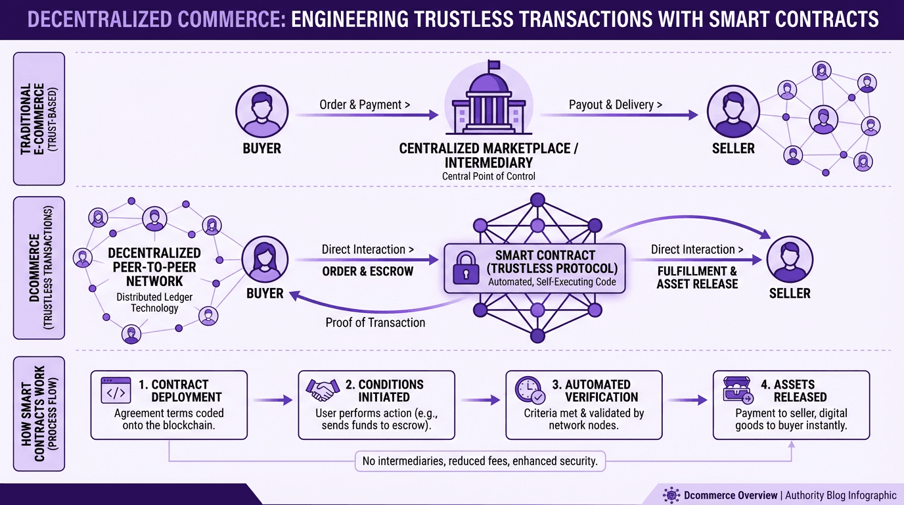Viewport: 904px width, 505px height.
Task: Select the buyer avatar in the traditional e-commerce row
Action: (261, 112)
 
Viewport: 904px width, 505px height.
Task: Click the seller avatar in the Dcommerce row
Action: (789, 260)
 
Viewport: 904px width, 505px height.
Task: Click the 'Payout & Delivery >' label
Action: (615, 105)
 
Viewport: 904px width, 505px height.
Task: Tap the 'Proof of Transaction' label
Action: (375, 322)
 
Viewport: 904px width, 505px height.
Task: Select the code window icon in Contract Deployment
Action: (116, 391)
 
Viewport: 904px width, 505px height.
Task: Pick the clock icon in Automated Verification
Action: (530, 390)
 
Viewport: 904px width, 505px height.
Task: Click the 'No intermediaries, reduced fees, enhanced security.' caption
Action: (480, 461)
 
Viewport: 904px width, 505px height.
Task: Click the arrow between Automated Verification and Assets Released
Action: (687, 400)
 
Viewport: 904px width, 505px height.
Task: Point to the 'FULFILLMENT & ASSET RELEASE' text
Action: (697, 277)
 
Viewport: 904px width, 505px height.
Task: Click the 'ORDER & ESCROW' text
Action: (367, 271)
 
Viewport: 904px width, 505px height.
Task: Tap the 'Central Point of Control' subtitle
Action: (489, 176)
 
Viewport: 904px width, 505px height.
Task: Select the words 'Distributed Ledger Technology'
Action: (154, 302)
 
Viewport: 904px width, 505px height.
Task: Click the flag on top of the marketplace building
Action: (493, 64)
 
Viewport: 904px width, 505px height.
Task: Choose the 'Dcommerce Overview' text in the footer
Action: (730, 495)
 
